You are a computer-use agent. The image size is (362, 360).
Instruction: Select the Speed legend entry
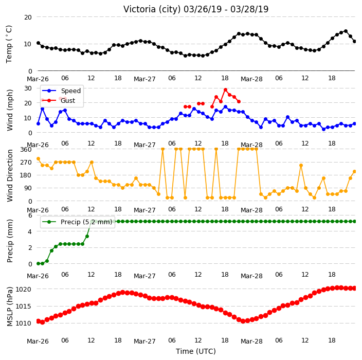coord(61,91)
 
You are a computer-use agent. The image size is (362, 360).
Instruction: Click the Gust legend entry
coord(59,101)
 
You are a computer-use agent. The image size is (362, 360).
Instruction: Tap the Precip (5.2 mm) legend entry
coord(77,222)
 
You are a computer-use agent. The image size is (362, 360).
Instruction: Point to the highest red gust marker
coord(226,90)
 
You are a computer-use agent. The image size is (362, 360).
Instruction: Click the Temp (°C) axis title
coord(9,44)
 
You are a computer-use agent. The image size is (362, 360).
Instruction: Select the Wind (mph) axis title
coord(10,110)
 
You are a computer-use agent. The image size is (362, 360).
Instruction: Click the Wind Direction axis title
coord(10,176)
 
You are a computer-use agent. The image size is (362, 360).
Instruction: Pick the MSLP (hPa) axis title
coord(10,307)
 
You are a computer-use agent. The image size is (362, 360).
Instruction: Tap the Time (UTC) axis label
coord(196,351)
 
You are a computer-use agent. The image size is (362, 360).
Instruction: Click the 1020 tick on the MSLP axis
coord(23,290)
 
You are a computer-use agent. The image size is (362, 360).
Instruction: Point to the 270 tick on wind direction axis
coord(26,163)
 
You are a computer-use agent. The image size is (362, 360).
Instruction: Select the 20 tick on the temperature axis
coord(28,17)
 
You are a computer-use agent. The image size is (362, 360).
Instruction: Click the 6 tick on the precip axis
coord(30,215)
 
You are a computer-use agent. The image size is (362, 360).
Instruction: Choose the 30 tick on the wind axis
coord(28,88)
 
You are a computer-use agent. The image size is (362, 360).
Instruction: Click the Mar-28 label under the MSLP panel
coord(251,341)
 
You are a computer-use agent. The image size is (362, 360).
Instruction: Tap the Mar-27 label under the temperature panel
coord(145,79)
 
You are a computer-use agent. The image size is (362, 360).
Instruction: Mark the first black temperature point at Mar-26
coord(39,43)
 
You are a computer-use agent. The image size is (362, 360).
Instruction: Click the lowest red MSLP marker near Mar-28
coord(243,321)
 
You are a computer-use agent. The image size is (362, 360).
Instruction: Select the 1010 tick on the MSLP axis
coord(23,323)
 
